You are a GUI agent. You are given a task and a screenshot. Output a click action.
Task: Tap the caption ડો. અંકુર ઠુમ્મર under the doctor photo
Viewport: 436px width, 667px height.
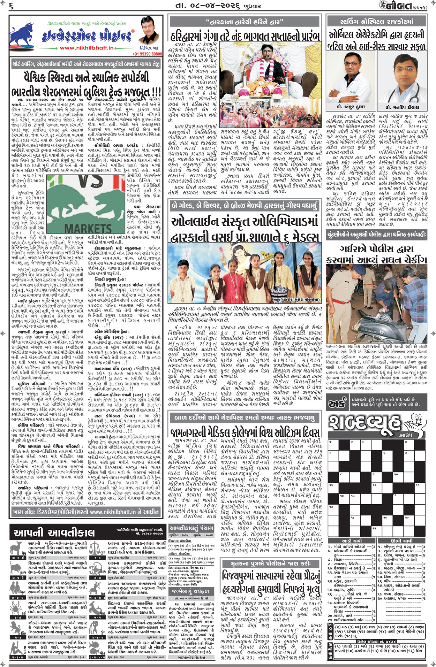point(351,107)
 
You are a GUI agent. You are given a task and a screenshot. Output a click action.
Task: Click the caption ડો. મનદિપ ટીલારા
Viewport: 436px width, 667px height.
point(403,107)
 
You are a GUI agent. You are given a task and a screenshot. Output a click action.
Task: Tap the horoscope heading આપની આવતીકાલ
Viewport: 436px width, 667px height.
point(54,532)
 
